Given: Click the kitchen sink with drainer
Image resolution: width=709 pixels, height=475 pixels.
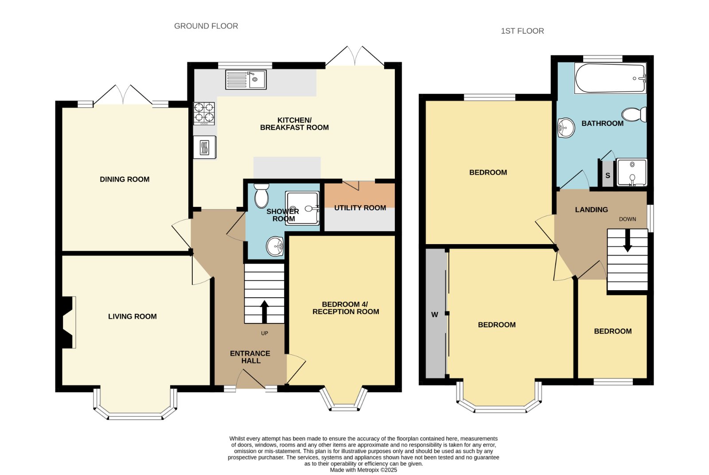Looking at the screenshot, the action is pos(245,79).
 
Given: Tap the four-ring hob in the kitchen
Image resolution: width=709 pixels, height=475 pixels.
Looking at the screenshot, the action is pos(204,113).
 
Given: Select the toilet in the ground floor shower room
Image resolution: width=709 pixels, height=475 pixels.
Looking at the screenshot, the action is pos(261,195).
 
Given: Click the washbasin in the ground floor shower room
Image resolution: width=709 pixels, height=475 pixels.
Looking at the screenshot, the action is pos(275,246).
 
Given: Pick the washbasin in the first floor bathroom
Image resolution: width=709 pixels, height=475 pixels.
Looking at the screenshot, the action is pos(565,128).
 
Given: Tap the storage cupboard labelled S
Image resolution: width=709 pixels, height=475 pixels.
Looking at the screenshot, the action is pos(608,175).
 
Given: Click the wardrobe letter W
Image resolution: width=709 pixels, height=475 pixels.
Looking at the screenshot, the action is pos(435,315).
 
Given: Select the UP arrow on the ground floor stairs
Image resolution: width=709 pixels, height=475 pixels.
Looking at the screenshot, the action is pos(264,311).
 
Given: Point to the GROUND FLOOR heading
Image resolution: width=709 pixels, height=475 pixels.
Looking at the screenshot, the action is pos(206,26).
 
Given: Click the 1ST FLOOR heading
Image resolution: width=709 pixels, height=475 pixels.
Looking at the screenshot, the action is pos(522,31).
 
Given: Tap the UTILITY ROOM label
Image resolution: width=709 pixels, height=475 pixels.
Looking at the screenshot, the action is pos(360,208).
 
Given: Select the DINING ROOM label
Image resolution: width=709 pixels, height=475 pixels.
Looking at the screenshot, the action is pos(125,179).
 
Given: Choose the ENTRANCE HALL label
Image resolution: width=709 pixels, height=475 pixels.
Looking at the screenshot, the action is pos(250,357).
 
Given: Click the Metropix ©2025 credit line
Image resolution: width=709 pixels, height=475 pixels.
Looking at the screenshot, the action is pos(363,470).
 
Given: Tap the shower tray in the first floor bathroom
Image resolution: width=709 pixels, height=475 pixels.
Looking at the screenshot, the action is pos(632,172).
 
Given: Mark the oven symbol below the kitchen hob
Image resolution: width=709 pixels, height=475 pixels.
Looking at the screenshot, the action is pos(205,147).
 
